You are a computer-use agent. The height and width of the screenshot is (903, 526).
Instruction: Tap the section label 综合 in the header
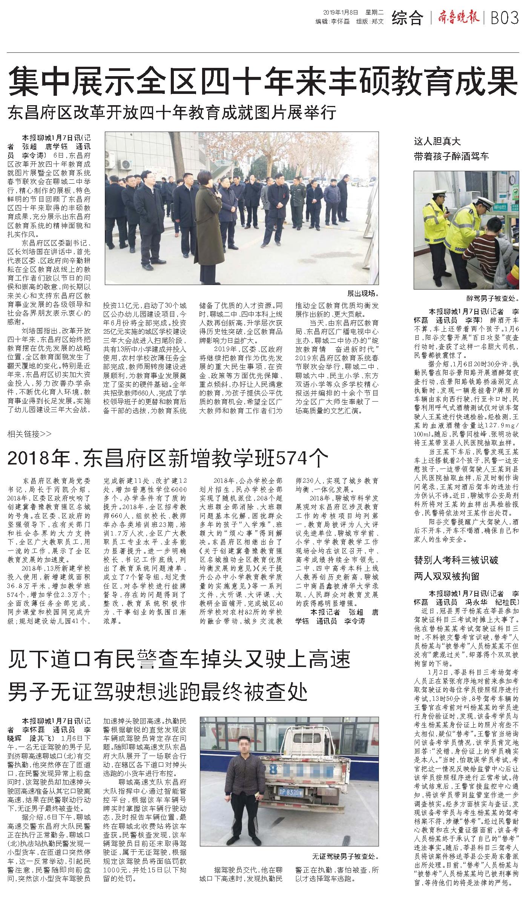point(407,18)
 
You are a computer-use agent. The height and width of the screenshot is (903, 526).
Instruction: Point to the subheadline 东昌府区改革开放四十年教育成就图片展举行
point(172,113)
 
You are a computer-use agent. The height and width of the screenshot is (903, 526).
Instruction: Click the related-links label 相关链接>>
point(29,434)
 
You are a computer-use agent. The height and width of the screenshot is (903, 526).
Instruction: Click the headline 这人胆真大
point(437,142)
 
